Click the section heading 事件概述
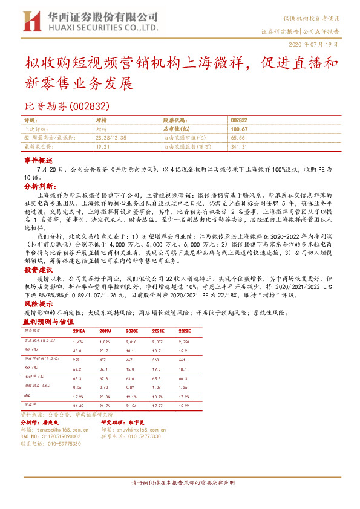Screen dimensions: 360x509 pyautogui.click(x=38, y=162)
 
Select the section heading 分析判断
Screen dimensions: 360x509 pyautogui.click(x=38, y=187)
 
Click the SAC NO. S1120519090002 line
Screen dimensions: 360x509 pyautogui.click(x=51, y=435)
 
